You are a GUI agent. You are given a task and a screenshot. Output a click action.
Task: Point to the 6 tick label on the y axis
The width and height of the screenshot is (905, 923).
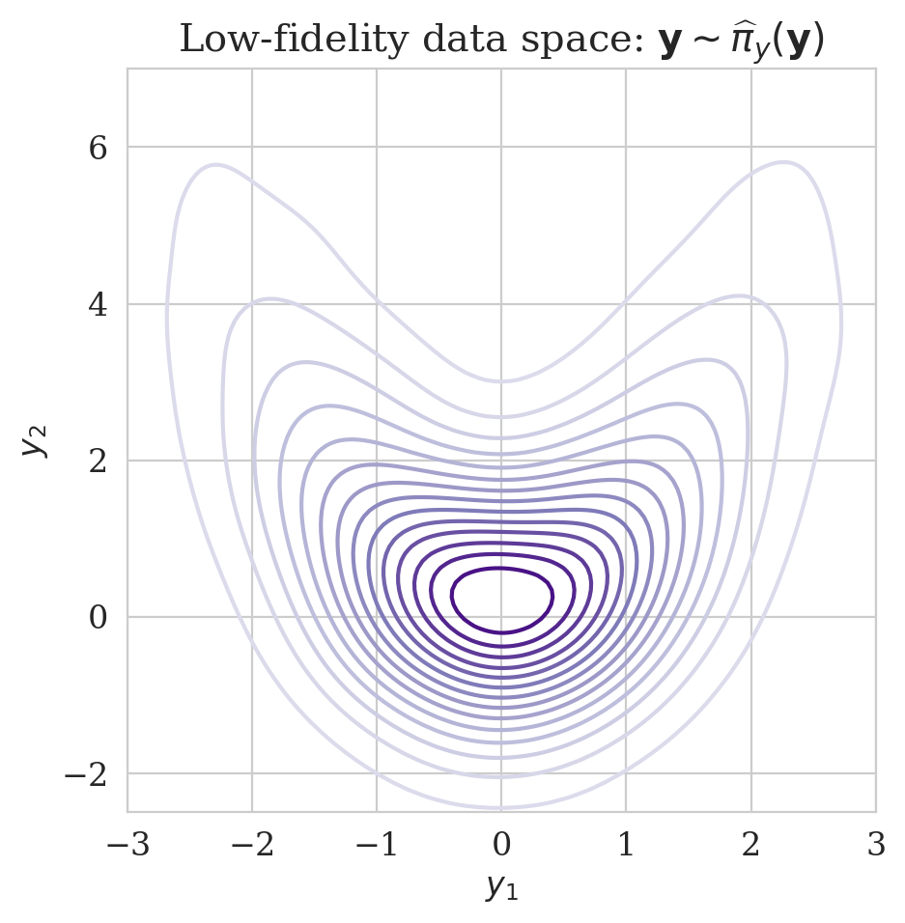(x=98, y=148)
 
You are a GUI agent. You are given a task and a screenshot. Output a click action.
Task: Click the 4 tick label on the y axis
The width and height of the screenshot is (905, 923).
(x=98, y=304)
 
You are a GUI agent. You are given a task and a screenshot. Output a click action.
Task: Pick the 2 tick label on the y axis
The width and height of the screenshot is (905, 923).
(x=98, y=461)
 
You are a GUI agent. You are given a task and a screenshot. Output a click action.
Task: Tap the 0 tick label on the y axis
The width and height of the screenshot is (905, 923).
(x=98, y=617)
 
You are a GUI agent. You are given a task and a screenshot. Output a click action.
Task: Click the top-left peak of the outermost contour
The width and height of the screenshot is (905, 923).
(x=214, y=165)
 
